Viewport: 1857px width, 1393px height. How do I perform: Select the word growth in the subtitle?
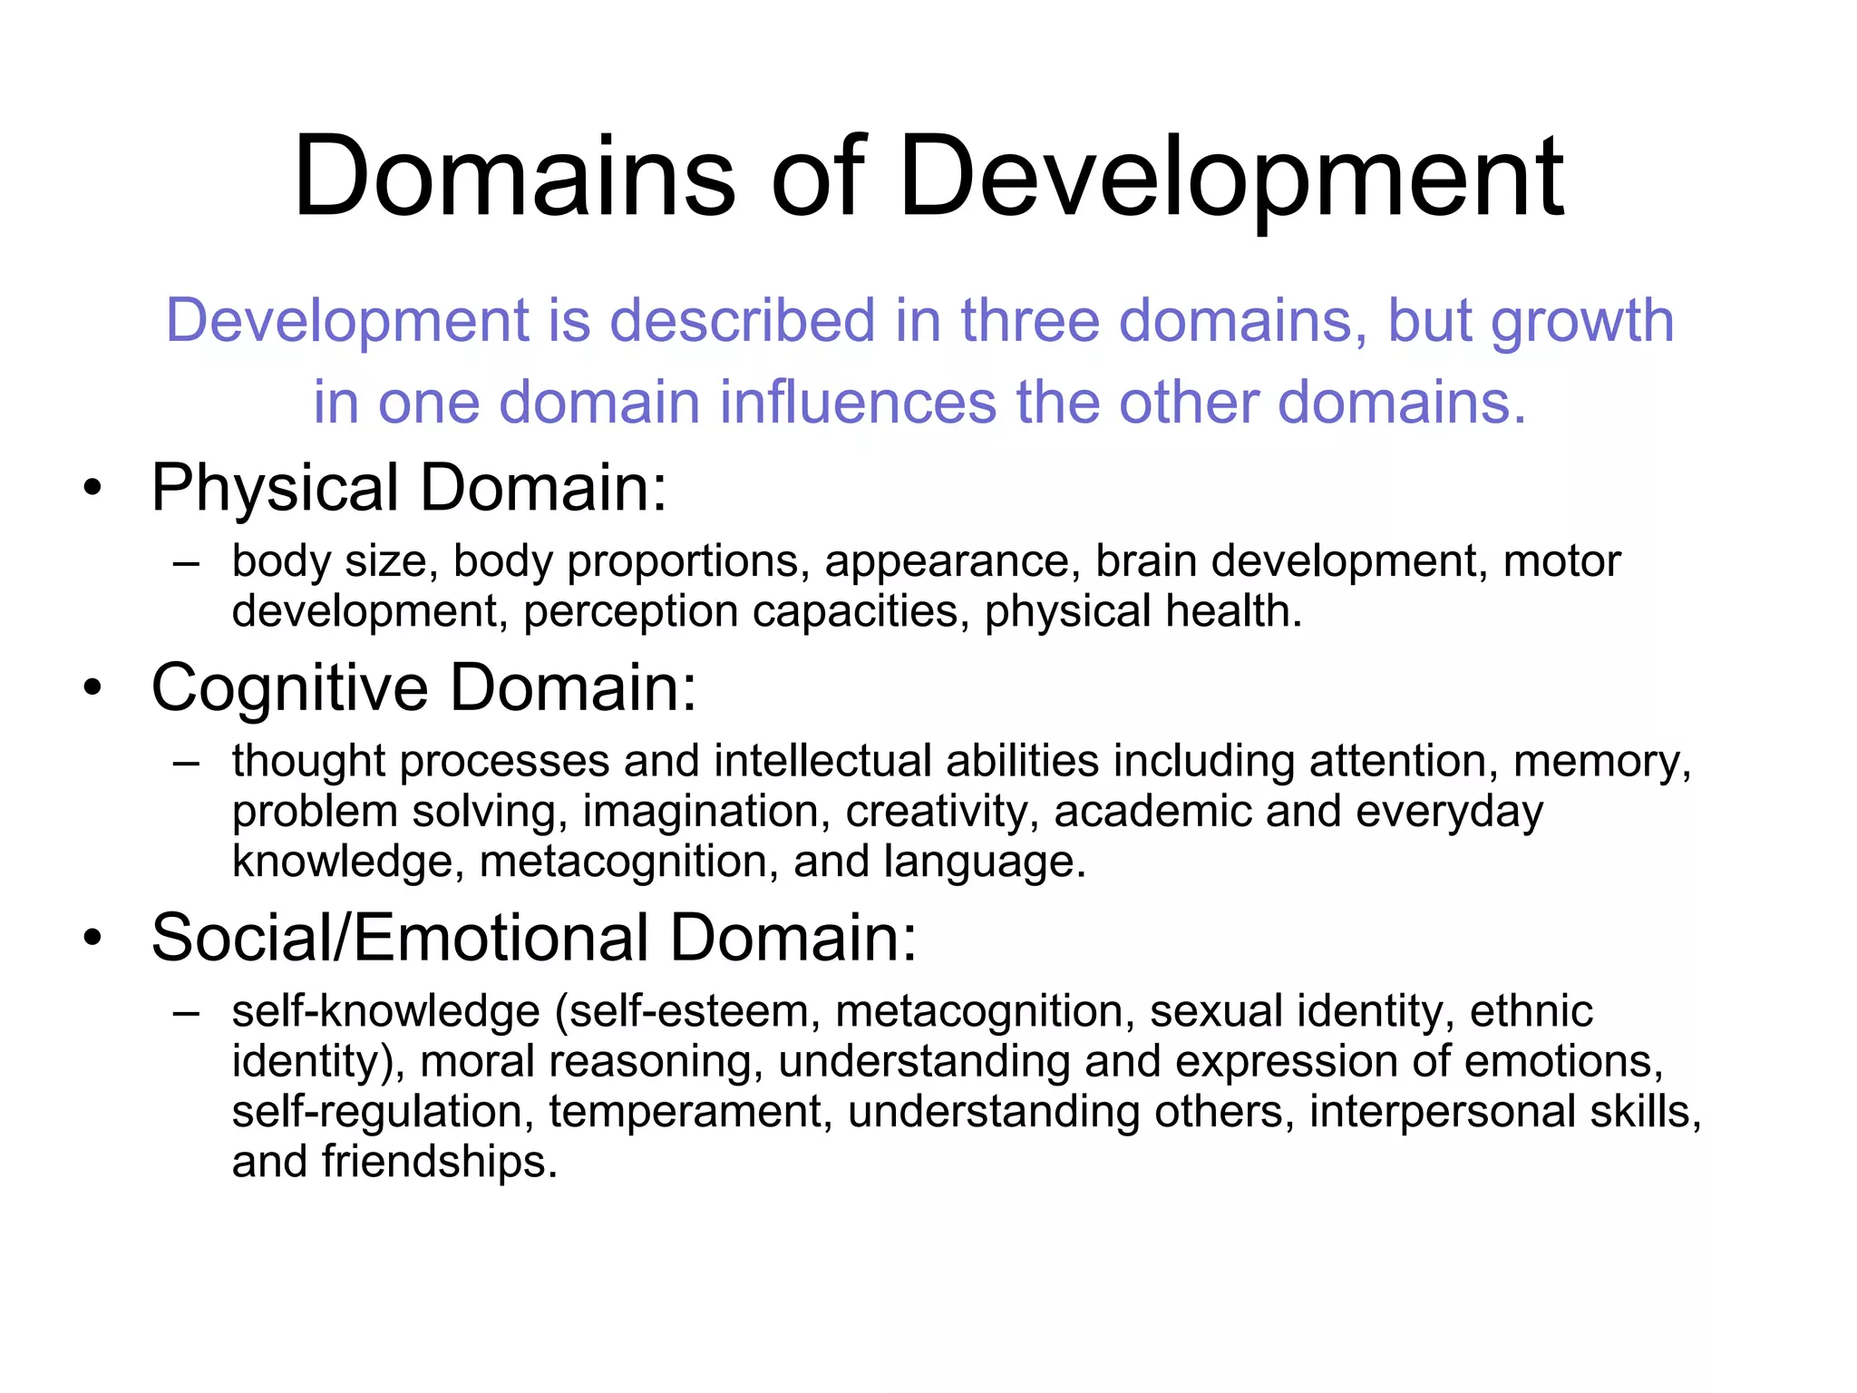tap(1582, 323)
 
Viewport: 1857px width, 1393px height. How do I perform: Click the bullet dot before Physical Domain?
tap(92, 490)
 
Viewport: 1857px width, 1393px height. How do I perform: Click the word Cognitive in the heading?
tap(289, 687)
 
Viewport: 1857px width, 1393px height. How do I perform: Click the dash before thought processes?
tap(186, 763)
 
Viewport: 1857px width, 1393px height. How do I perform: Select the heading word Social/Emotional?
tap(399, 938)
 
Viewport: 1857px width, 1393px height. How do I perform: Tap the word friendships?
tap(439, 1162)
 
